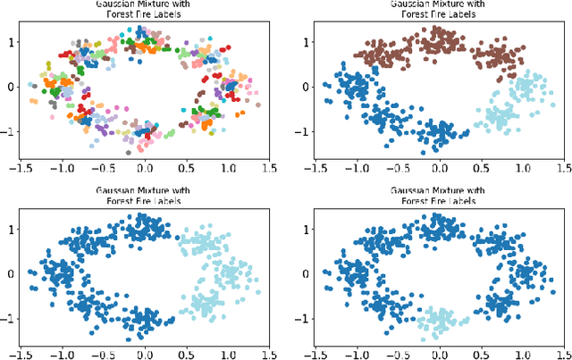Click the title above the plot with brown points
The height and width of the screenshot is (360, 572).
[439, 8]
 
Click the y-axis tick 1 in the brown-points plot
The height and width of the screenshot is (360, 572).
[307, 41]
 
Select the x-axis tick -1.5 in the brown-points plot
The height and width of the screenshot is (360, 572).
[315, 166]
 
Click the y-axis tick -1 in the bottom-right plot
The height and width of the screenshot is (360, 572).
[304, 318]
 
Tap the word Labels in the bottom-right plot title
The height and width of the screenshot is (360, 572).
[461, 201]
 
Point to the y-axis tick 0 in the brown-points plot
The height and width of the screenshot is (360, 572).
[307, 86]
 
